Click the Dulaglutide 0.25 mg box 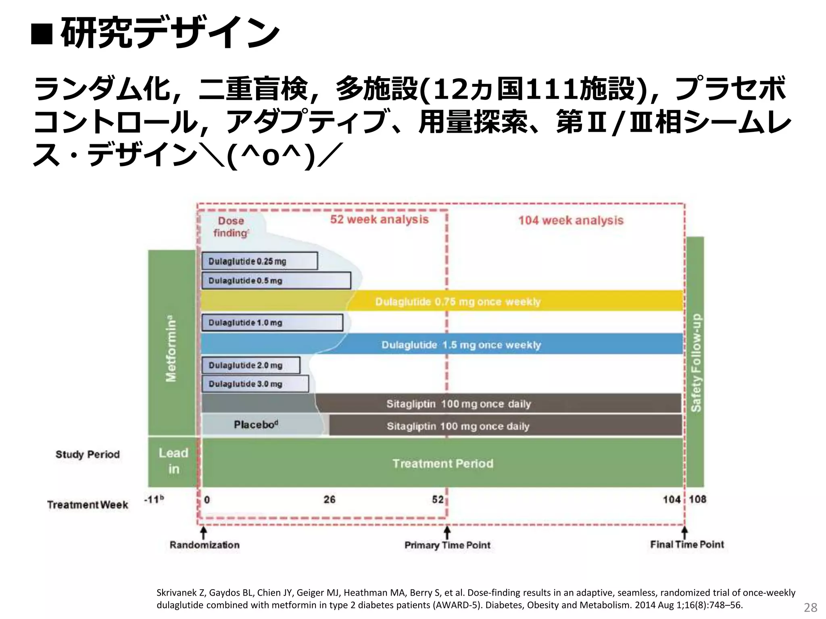pos(259,261)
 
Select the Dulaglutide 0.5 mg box pos(276,280)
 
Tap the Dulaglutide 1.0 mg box pos(272,323)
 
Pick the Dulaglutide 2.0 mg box pos(250,365)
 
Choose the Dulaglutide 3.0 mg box pos(255,384)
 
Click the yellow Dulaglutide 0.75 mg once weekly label pos(458,302)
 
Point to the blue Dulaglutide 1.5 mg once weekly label pos(461,345)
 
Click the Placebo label pos(256,425)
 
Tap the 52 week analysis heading pos(379,220)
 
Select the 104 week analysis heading pos(571,220)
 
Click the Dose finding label pos(231,227)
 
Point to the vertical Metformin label pos(171,348)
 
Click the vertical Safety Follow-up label pos(696,362)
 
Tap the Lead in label pos(173,461)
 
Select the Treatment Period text pos(443,463)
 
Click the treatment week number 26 pos(329,500)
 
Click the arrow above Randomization pos(204,532)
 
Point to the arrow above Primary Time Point pos(447,532)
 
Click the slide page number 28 pos(810,607)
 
